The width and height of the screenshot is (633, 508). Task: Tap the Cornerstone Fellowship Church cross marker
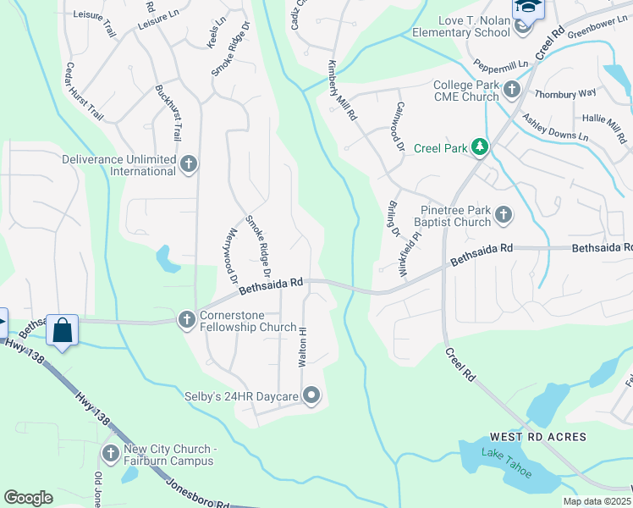[x=187, y=319]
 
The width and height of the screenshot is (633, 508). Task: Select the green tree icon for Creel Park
[x=481, y=148]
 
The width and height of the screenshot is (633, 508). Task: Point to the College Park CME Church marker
[x=511, y=89]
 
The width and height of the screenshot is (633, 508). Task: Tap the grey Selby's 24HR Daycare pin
[x=312, y=395]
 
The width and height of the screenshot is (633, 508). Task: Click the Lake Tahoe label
[x=506, y=464]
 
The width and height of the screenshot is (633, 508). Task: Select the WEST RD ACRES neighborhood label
[x=537, y=437]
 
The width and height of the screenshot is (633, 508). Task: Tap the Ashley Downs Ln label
[x=554, y=128]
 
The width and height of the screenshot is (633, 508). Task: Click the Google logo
[x=28, y=498]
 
